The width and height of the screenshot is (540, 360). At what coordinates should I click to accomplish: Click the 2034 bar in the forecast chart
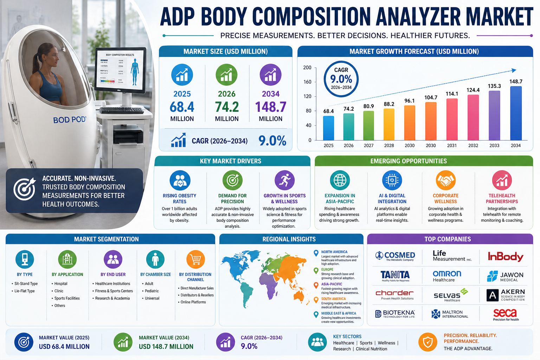pos(516,113)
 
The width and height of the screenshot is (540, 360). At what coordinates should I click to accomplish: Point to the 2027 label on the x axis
pos(369,146)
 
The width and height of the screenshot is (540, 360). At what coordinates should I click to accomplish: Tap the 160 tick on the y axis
pos(307,82)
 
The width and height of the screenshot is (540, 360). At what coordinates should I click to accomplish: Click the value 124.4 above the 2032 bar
pos(473,90)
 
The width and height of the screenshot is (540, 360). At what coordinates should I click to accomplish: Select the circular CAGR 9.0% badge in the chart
pos(341,79)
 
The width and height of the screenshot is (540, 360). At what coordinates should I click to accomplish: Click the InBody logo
pos(506,257)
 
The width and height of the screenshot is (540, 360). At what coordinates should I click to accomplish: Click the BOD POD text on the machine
pos(69,120)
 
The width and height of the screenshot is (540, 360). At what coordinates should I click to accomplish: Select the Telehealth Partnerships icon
pos(502,180)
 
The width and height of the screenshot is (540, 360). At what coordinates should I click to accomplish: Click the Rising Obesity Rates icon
pos(180,180)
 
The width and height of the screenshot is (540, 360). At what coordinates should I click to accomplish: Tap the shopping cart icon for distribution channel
pos(195,259)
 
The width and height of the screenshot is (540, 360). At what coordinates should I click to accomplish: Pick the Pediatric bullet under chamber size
pos(152,291)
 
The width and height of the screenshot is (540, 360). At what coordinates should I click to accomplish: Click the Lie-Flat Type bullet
pos(24,291)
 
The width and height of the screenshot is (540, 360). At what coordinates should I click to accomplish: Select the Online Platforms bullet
pos(193,302)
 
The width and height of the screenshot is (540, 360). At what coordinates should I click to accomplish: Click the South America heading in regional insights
pos(333,299)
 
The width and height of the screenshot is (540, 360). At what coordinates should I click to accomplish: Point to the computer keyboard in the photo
pos(122,110)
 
